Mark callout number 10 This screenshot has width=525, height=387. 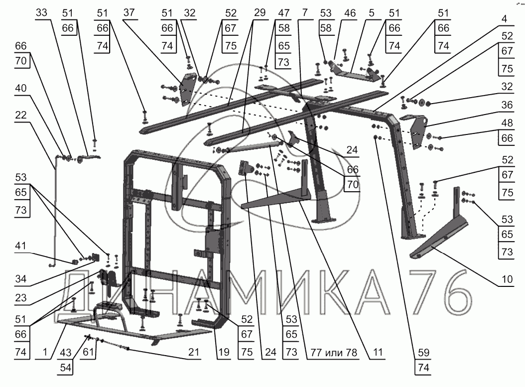click(507, 280)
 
